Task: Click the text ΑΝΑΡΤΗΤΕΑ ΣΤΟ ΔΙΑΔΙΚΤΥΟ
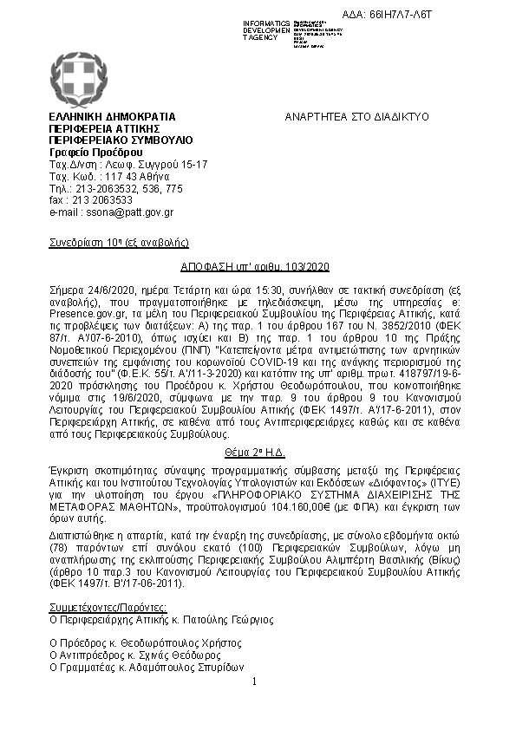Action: point(356,116)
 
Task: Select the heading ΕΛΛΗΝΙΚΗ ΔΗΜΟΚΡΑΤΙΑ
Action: point(112,116)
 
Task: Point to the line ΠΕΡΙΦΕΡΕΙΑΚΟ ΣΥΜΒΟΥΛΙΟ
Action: point(121,140)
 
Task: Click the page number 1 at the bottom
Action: point(254,682)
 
